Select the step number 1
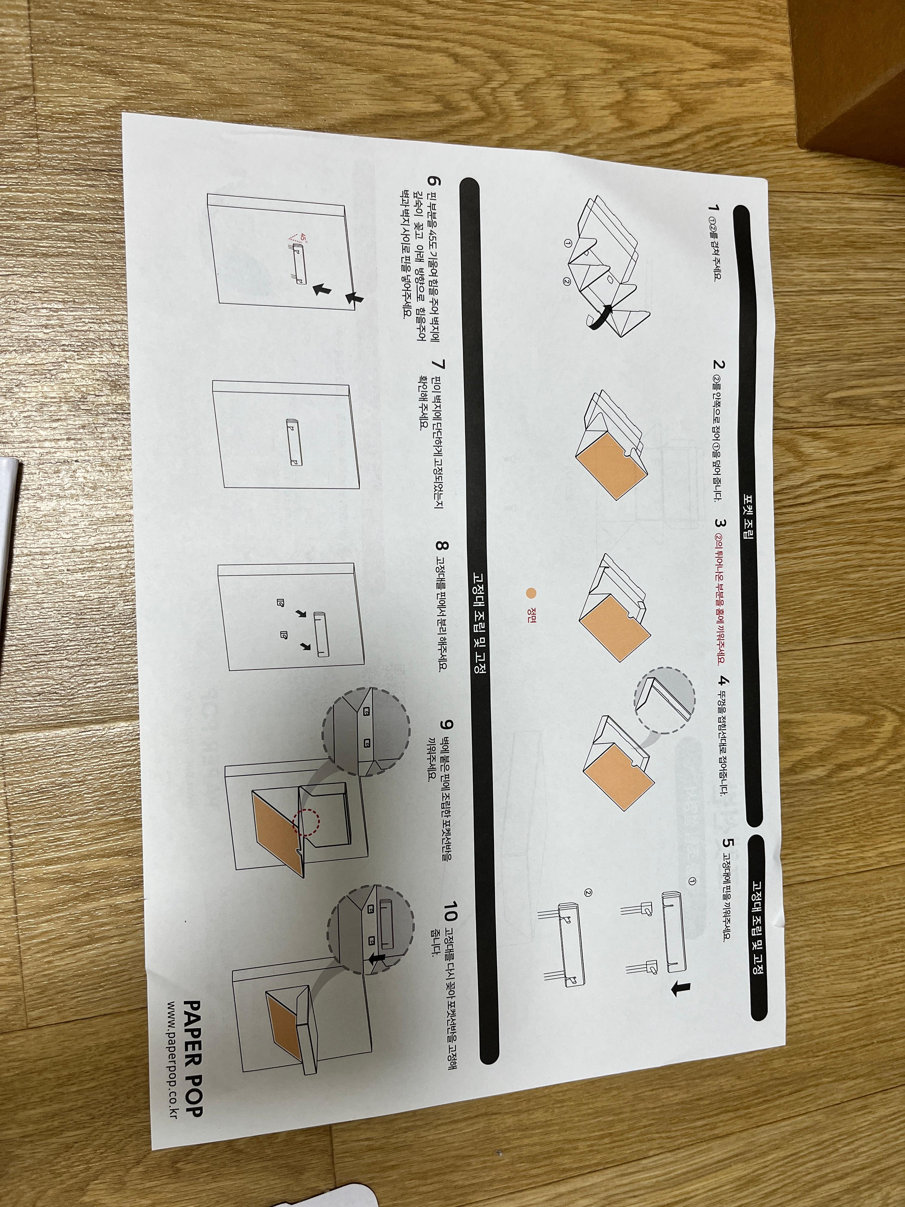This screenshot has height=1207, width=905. pyautogui.click(x=711, y=207)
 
